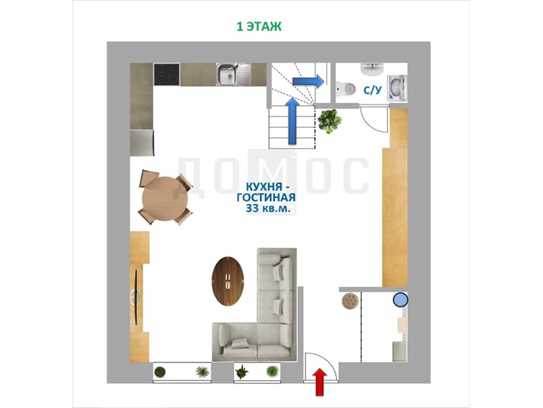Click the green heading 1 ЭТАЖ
click(x=259, y=27)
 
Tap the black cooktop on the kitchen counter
click(x=166, y=74)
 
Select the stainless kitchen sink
click(x=233, y=74)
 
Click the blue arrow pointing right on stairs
click(x=308, y=81)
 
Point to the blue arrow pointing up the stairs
click(x=293, y=121)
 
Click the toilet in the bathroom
click(x=345, y=89)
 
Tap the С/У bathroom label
click(x=373, y=90)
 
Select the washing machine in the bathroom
click(x=398, y=88)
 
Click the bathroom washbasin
click(x=372, y=69)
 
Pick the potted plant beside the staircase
click(x=330, y=121)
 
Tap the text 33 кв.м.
click(x=266, y=208)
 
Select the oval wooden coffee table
click(x=228, y=281)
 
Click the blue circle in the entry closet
click(x=400, y=300)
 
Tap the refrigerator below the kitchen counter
click(x=142, y=143)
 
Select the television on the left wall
click(x=136, y=298)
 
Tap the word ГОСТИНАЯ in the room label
click(x=266, y=198)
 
